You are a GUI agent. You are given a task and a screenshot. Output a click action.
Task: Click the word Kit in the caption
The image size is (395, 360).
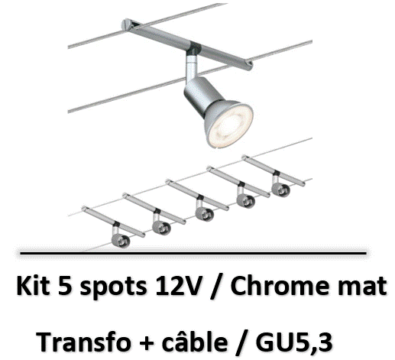point(33,286)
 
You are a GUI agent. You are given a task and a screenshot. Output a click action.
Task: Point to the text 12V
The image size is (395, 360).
point(178,286)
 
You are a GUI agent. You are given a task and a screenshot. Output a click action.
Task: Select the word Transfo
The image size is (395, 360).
point(83,342)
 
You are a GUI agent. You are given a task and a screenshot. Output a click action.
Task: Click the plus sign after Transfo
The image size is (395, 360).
point(147,342)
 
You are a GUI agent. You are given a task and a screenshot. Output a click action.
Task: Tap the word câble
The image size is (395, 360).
point(195,342)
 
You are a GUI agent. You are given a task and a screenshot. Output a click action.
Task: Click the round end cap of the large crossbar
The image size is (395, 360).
point(126,24)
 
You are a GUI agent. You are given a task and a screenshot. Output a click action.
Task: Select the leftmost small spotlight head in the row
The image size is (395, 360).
point(121,240)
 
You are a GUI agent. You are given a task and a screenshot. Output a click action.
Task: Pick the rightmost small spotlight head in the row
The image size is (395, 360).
point(280,190)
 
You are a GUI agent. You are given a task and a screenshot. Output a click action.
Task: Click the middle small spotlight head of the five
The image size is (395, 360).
point(205,214)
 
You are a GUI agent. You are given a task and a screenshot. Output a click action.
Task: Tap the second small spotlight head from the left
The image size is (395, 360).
point(161,228)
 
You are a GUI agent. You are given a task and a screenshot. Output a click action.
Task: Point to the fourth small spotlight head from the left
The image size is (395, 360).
point(245,201)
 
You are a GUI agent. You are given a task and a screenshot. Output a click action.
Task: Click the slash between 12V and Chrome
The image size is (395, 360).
point(216,287)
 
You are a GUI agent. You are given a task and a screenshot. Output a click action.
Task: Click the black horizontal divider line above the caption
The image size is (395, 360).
point(193,253)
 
